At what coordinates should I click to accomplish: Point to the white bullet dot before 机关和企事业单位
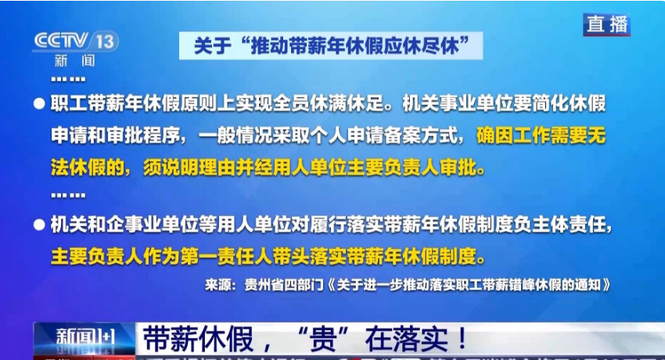(x=38, y=225)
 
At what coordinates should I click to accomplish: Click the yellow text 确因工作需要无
(x=541, y=136)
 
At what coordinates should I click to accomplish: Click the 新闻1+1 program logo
(x=84, y=339)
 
